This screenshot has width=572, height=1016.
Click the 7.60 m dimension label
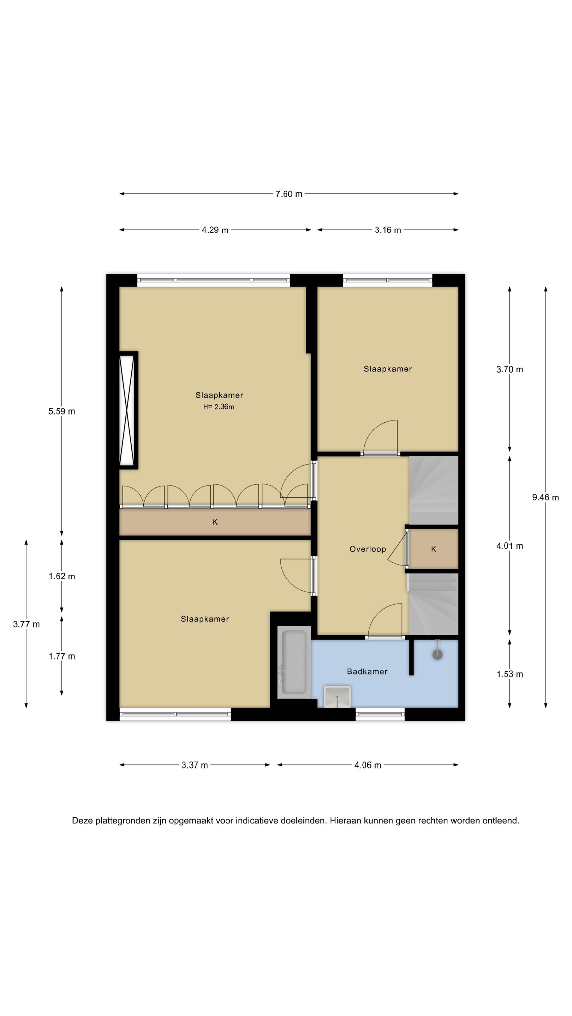288,194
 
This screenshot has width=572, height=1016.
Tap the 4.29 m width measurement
215,230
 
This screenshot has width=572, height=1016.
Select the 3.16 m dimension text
388,230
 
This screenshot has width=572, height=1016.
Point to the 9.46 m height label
545,497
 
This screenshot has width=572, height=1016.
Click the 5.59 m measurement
61,411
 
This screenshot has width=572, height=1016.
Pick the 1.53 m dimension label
510,675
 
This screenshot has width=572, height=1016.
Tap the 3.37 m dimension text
195,765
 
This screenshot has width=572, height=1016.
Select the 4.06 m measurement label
368,765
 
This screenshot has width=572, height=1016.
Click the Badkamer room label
367,672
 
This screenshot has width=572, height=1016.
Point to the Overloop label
368,549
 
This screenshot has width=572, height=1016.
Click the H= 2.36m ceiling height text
219,407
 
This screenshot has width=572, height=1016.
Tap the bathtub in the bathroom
294,663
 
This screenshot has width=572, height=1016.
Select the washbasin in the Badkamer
337,696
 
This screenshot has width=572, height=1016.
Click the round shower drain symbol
437,655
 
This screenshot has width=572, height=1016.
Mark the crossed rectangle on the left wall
129,410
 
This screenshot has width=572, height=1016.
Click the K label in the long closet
215,522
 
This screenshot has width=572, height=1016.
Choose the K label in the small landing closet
434,549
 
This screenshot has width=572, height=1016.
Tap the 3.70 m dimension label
510,370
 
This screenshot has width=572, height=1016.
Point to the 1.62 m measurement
61,577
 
